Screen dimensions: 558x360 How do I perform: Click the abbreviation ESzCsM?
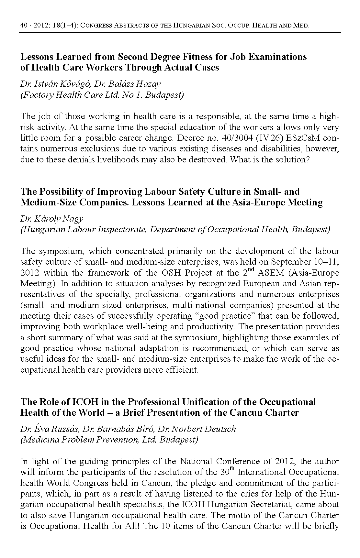coord(310,138)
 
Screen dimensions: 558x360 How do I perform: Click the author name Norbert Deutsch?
coord(203,429)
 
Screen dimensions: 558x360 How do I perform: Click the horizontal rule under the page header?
coord(180,32)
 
